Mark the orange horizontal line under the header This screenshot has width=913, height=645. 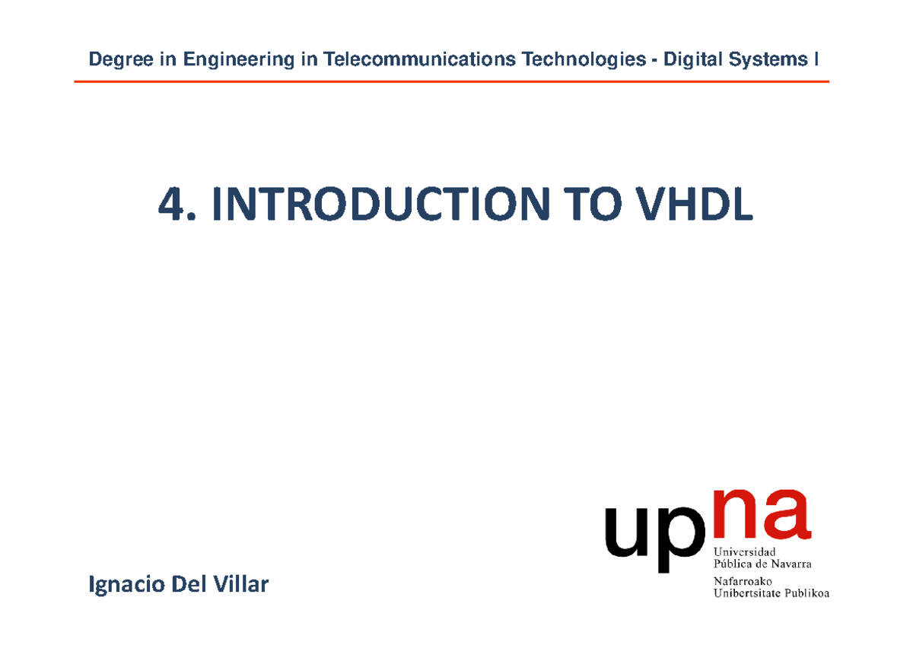(x=451, y=81)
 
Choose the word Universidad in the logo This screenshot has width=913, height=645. (x=744, y=551)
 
